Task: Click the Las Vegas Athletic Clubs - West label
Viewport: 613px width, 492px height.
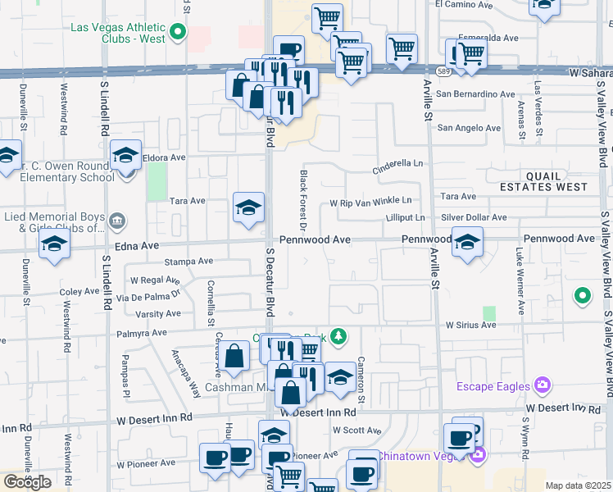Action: (118, 32)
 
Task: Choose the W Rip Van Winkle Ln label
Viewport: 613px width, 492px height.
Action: (370, 202)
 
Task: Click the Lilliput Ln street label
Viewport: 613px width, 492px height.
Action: (406, 217)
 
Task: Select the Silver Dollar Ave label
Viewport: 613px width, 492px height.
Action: (474, 217)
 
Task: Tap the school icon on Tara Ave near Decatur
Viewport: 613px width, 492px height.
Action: (248, 207)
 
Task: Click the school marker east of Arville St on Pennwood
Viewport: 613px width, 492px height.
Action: (467, 243)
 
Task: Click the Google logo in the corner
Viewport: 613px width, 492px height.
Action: (26, 482)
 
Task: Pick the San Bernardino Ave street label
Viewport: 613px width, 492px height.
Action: (475, 94)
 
